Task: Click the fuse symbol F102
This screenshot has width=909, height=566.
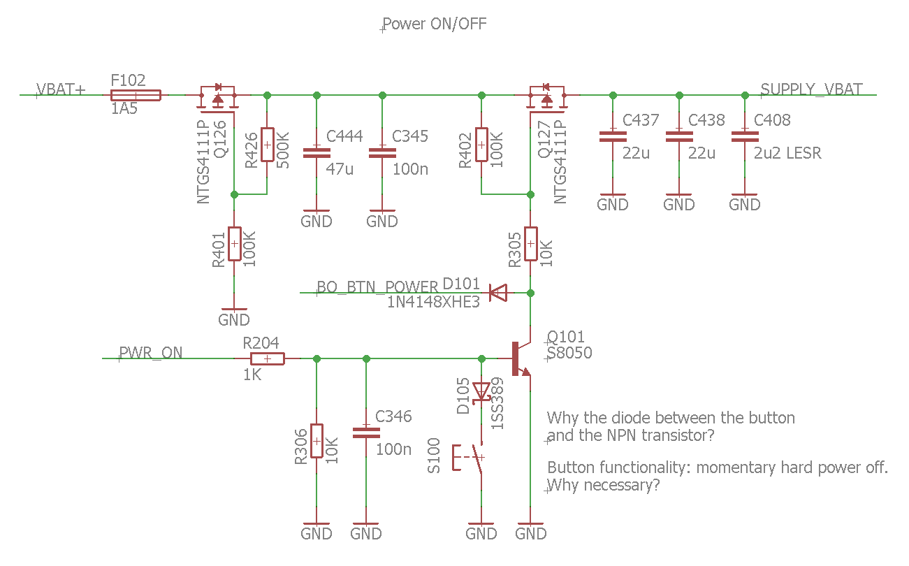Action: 136,95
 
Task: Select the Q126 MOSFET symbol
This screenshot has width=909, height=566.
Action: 217,99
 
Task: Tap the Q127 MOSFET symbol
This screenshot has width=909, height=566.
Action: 546,99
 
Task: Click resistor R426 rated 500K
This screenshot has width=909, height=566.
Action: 267,145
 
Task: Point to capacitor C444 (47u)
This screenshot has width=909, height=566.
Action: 317,152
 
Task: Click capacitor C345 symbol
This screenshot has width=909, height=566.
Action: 382,152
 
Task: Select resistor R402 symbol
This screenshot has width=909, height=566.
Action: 481,145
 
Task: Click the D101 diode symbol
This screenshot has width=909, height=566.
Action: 497,293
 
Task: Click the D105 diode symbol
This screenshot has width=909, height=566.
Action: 481,391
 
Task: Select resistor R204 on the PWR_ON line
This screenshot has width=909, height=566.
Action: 267,358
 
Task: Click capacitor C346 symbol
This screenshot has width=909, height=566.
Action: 366,432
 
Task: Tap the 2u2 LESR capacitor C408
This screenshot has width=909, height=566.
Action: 745,136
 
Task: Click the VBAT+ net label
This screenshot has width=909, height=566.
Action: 61,89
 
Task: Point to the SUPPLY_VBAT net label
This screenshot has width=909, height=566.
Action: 811,89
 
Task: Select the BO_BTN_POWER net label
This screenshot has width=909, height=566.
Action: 377,287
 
